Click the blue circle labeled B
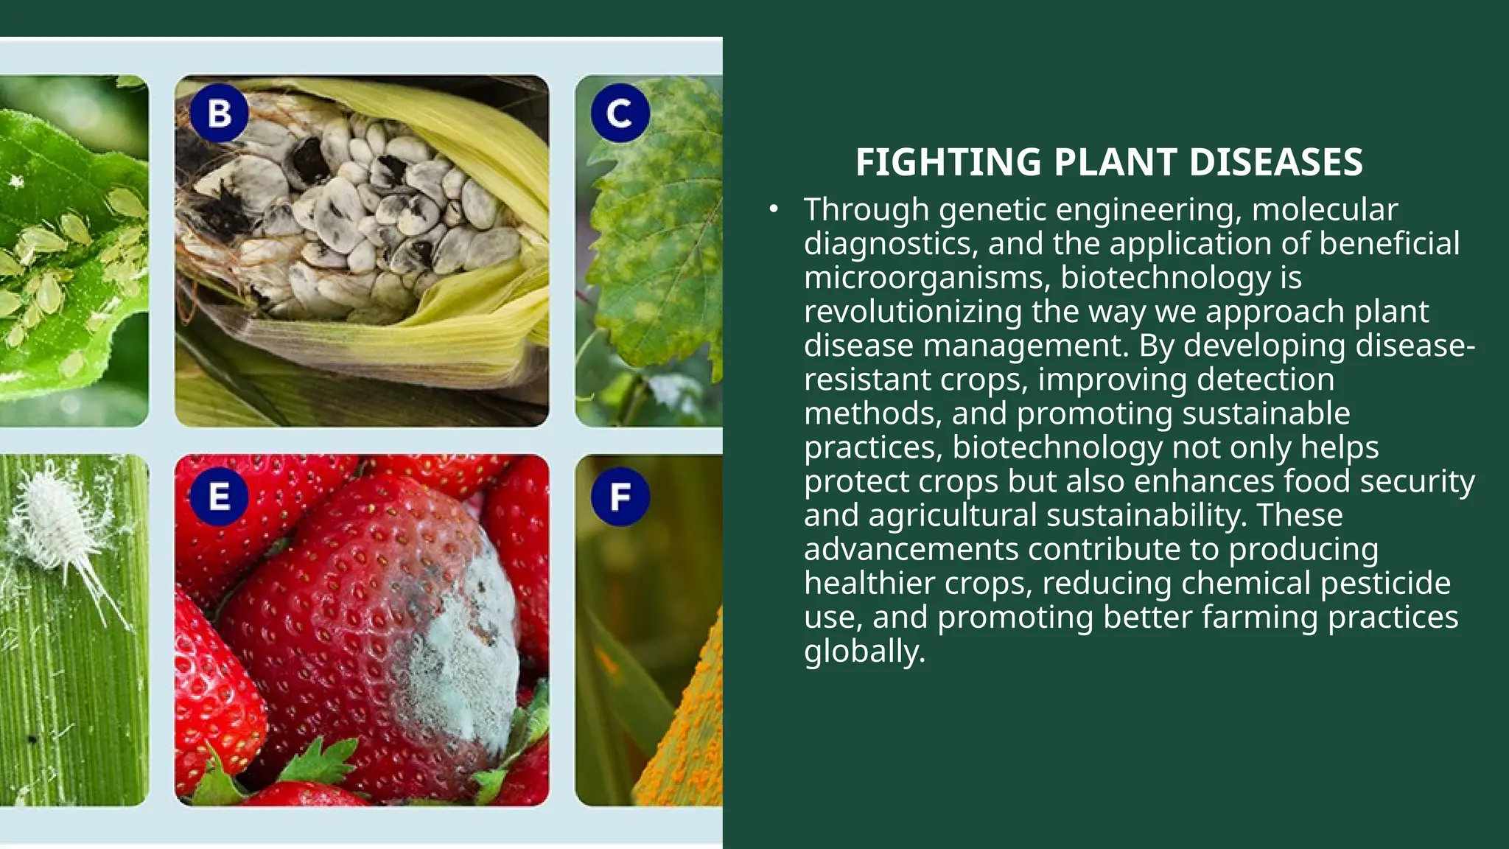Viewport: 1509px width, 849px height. (x=219, y=113)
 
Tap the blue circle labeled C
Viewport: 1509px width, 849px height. (x=620, y=113)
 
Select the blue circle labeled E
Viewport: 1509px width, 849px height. (x=219, y=497)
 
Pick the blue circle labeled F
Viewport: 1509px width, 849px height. (x=620, y=497)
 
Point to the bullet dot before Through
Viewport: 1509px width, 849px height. (x=773, y=210)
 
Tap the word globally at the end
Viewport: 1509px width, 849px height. (x=864, y=651)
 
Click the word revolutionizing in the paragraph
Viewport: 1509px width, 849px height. (x=912, y=312)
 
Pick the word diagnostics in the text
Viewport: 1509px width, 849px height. (x=890, y=244)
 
